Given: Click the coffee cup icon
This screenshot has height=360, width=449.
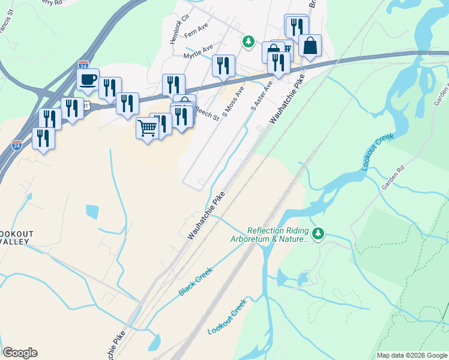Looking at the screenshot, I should pyautogui.click(x=88, y=79).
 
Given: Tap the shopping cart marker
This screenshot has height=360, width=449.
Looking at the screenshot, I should pyautogui.click(x=147, y=127).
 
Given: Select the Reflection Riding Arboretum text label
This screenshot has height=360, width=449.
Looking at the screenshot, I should pyautogui.click(x=271, y=235).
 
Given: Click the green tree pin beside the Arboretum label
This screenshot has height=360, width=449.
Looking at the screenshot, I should pyautogui.click(x=318, y=233).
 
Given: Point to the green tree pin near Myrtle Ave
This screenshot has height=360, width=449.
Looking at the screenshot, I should pyautogui.click(x=248, y=41).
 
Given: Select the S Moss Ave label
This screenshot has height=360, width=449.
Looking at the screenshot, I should pyautogui.click(x=234, y=100).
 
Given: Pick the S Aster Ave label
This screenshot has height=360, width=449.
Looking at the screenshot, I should pyautogui.click(x=262, y=96).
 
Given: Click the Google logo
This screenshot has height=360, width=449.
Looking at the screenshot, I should pyautogui.click(x=20, y=353).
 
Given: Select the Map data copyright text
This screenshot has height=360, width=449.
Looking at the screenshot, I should pyautogui.click(x=411, y=355).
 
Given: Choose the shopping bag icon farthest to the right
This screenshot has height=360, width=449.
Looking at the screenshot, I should pyautogui.click(x=310, y=45).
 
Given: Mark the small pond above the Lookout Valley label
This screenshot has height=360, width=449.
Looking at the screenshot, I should pyautogui.click(x=92, y=211).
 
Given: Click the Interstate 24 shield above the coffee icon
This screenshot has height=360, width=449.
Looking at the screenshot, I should pyautogui.click(x=83, y=64).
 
